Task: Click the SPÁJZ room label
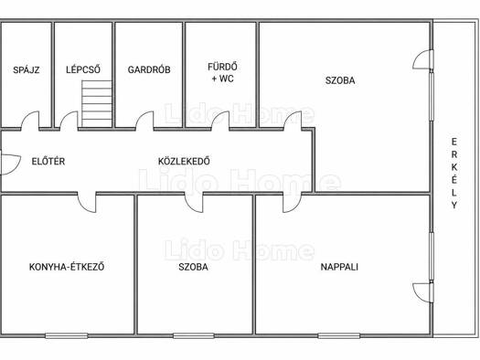point(27,70)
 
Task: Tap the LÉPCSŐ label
point(83,69)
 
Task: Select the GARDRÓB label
point(149,69)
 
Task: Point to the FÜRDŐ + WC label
point(222,72)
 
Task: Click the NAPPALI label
point(339,267)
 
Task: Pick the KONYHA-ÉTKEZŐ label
point(67,267)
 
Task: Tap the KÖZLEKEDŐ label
point(184,161)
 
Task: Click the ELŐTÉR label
point(48,161)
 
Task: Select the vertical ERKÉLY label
point(454,174)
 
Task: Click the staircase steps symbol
point(97,103)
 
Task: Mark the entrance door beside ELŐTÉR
point(11,164)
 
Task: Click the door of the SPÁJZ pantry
point(30,121)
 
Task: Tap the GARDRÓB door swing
point(144,121)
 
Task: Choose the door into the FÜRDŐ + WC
point(219,121)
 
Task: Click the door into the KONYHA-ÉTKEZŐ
point(87,203)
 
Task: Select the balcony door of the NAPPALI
point(423,292)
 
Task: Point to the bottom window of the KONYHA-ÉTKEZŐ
point(67,336)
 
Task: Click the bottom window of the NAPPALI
point(339,336)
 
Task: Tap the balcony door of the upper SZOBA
point(423,59)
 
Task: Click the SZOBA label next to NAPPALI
point(193,267)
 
